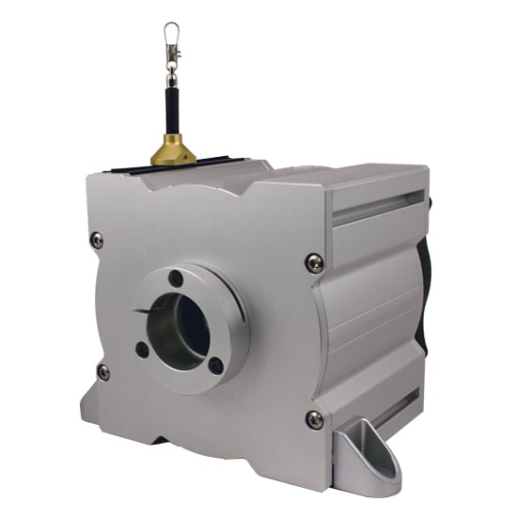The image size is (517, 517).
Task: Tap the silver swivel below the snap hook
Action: point(171,63)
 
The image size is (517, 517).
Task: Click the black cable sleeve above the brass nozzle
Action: point(173,103)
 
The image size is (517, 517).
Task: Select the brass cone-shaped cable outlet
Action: point(174,149)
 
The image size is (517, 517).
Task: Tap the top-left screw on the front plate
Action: point(97,240)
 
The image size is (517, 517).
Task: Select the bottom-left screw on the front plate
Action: point(103,372)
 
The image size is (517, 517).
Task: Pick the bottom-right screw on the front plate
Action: point(315,419)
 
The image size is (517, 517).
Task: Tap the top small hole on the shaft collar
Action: point(176,279)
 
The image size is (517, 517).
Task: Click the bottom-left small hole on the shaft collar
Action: point(143,349)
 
